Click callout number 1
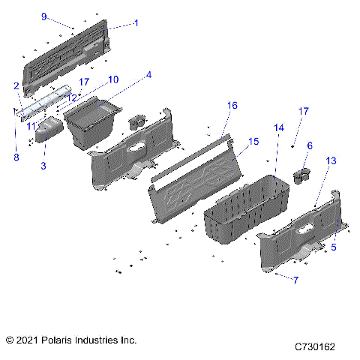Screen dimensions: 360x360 click(x=136, y=23)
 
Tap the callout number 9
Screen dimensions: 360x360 click(x=64, y=16)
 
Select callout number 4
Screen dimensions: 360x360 click(x=148, y=75)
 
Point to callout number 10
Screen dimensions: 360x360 click(x=112, y=79)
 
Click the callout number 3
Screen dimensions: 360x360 click(x=43, y=165)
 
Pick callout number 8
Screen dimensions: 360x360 click(x=13, y=157)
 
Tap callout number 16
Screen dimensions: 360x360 click(x=232, y=106)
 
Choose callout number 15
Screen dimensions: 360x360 click(x=253, y=141)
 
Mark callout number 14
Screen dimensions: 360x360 click(x=279, y=127)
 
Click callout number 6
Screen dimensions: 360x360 click(x=310, y=145)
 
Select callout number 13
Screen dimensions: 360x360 click(x=331, y=161)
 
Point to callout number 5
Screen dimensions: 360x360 click(x=334, y=247)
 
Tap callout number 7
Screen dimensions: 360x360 click(x=295, y=280)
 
